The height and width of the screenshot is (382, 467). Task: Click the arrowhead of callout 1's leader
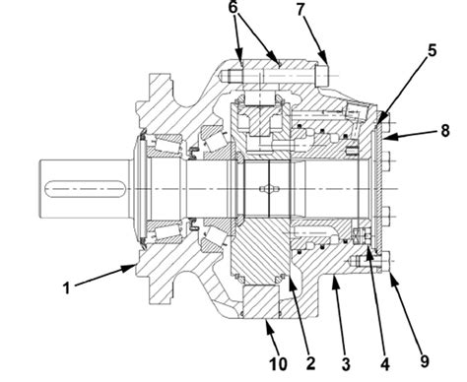(x=137, y=263)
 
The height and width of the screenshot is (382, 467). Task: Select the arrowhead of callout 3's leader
(x=331, y=280)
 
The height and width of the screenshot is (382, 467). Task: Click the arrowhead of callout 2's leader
(x=293, y=278)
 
